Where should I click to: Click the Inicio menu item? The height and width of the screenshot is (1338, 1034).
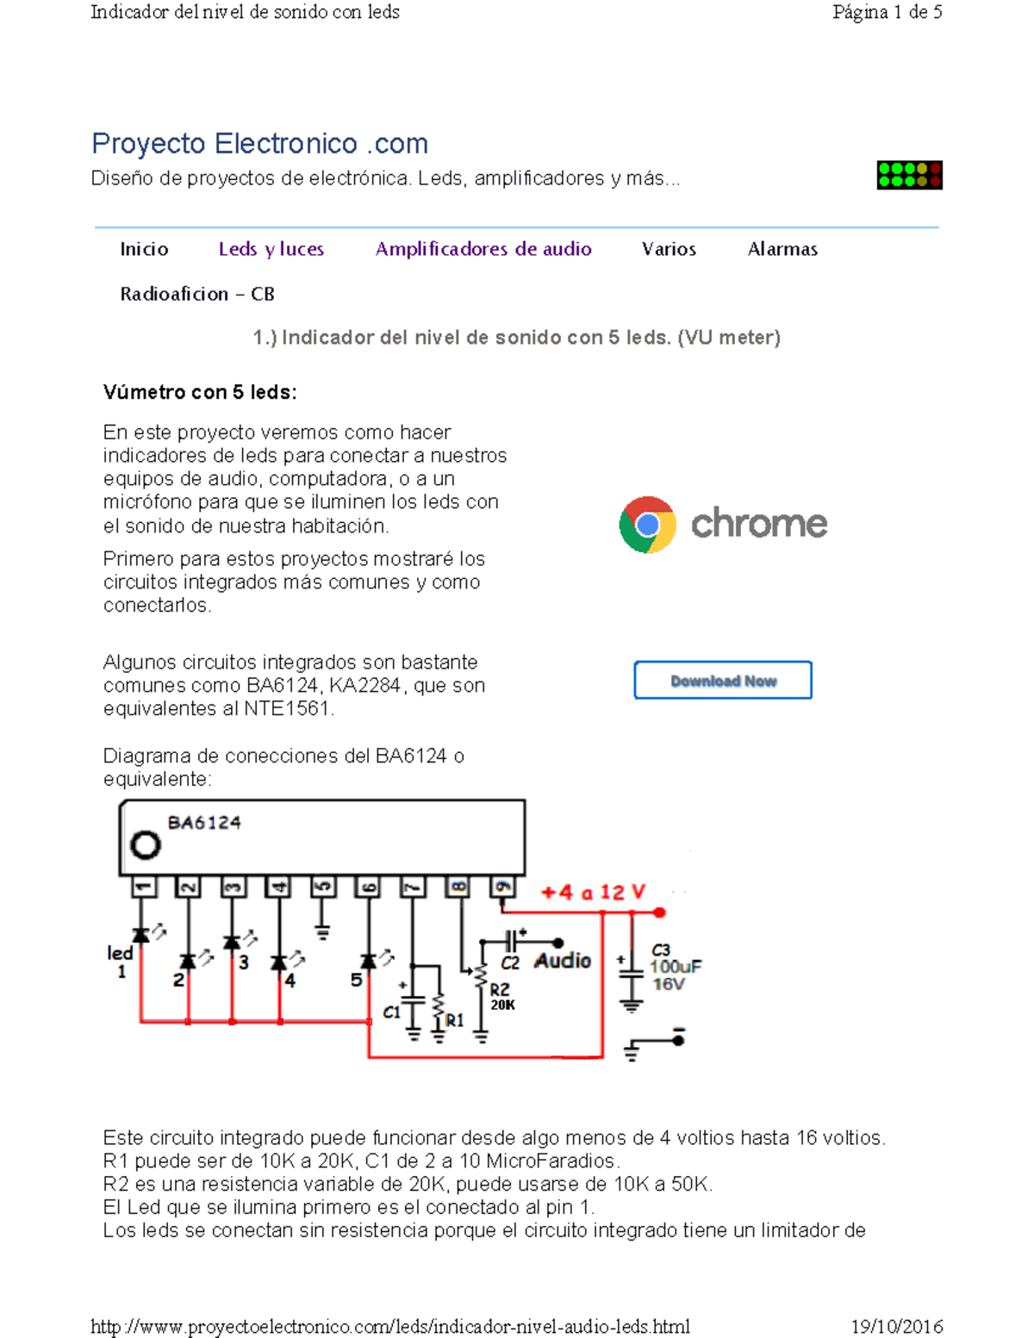pos(144,249)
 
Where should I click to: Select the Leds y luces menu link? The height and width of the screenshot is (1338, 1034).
pos(271,249)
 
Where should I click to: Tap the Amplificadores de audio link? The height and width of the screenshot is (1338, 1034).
pos(483,249)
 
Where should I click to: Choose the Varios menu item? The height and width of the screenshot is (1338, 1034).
pos(669,249)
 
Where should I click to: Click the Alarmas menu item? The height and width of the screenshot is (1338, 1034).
pos(782,249)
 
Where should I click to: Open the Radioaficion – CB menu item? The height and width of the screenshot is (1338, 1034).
pos(197,294)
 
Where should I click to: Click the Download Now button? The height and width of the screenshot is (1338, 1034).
pos(723,681)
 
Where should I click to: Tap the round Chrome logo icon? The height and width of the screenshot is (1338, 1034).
pos(647,524)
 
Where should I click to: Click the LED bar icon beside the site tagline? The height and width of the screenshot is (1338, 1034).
pos(909,175)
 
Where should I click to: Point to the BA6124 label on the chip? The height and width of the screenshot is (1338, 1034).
pos(204,823)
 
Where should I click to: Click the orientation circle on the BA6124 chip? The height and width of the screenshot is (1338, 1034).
pos(146,845)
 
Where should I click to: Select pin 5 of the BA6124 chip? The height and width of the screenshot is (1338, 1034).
pos(322,887)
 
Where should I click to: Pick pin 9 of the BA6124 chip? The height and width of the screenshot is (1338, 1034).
pos(502,887)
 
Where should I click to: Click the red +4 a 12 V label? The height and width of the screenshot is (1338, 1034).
pos(593,893)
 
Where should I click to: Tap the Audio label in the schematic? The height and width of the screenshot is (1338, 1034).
pos(563,961)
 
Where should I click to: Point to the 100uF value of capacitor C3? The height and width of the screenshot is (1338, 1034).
pos(676,967)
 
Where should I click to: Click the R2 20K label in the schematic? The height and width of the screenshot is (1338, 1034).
pos(501,997)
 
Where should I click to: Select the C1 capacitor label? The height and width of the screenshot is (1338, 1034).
pos(392,1012)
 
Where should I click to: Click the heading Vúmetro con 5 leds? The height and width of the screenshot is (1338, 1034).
pos(200,393)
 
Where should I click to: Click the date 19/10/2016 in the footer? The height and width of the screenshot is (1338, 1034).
pos(896,1326)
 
